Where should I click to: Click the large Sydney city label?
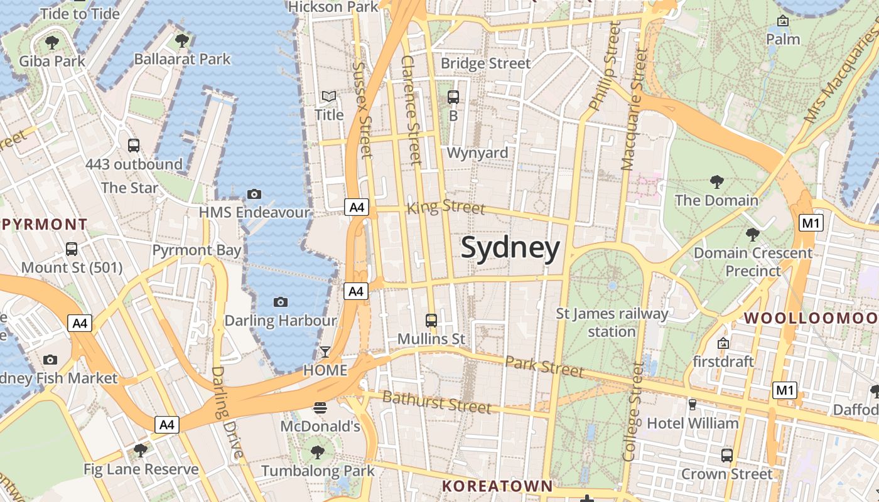click(x=510, y=248)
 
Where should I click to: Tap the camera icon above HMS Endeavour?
click(x=254, y=194)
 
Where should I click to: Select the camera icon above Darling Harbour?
click(x=281, y=302)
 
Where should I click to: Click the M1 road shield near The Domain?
click(x=811, y=223)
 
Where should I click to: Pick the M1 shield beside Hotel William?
click(x=785, y=390)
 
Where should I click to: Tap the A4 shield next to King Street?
click(x=356, y=207)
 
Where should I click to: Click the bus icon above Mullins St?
click(x=431, y=321)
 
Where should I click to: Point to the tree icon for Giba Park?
click(x=51, y=43)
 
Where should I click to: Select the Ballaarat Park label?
click(x=182, y=60)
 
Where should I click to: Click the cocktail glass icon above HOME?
click(x=325, y=351)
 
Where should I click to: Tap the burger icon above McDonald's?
click(x=320, y=408)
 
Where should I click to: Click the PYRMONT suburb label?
click(x=44, y=224)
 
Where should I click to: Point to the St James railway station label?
click(x=612, y=322)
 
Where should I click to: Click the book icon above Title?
click(x=329, y=97)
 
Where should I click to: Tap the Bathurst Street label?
click(x=437, y=402)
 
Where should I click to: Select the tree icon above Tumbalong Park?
click(x=318, y=452)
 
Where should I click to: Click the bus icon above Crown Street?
click(x=727, y=456)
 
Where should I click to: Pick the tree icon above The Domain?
click(x=716, y=182)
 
